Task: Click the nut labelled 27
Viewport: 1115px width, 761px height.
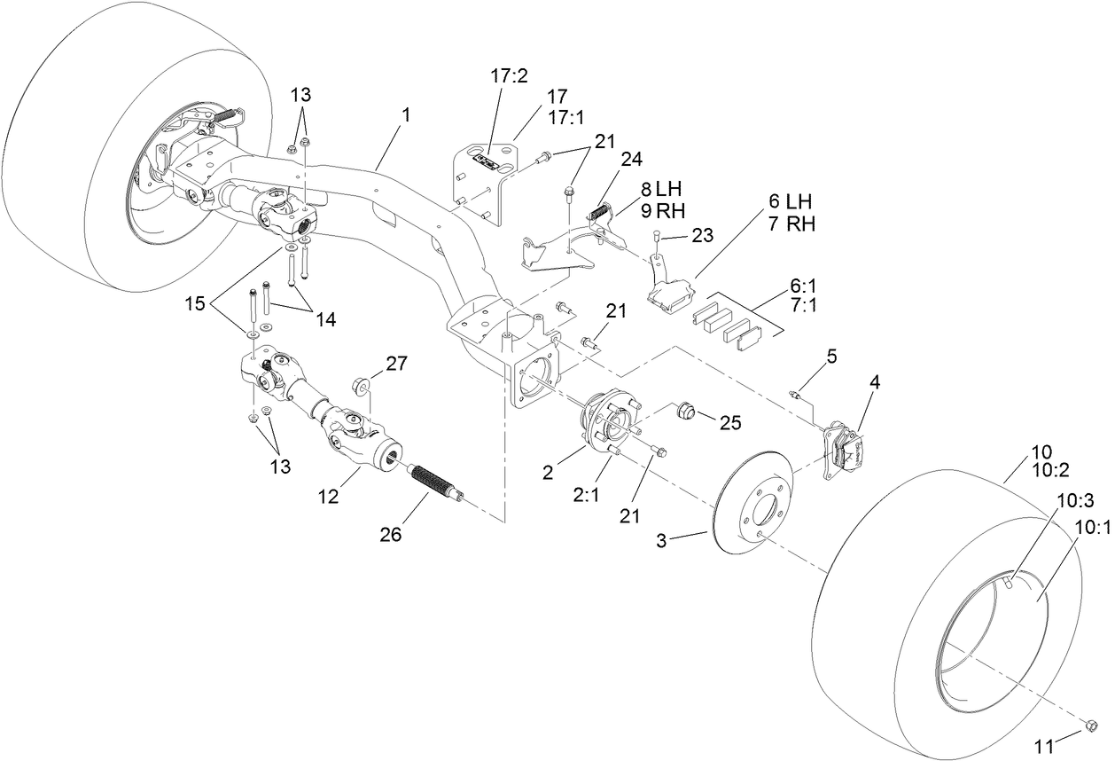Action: tap(361, 386)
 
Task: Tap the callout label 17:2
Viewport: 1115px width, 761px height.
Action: tap(509, 76)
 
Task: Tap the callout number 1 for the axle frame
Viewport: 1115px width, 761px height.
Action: tap(405, 115)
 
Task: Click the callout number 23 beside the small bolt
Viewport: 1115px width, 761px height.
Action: tap(702, 237)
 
